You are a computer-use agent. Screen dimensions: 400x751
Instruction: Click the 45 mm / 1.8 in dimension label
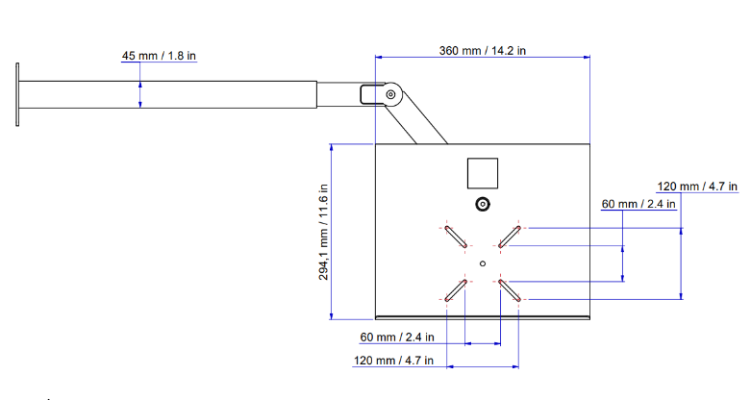click(159, 56)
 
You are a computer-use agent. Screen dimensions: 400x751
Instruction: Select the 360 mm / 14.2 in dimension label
click(482, 50)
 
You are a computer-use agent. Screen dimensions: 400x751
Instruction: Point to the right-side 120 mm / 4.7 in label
click(696, 186)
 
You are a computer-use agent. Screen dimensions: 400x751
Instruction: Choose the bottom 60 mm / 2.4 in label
click(397, 337)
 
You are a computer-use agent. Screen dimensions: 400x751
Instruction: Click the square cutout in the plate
click(482, 173)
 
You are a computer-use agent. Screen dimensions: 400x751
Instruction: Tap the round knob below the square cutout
click(482, 205)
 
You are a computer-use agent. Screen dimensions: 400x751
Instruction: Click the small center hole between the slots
click(483, 262)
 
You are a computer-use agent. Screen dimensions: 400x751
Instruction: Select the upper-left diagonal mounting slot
click(456, 236)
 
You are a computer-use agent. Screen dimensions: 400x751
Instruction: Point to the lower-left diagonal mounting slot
click(456, 289)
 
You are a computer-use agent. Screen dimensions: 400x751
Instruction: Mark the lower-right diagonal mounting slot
click(510, 289)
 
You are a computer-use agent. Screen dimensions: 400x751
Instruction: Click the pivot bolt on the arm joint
click(390, 94)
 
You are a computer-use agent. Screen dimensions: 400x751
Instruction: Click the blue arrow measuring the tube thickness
click(140, 93)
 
